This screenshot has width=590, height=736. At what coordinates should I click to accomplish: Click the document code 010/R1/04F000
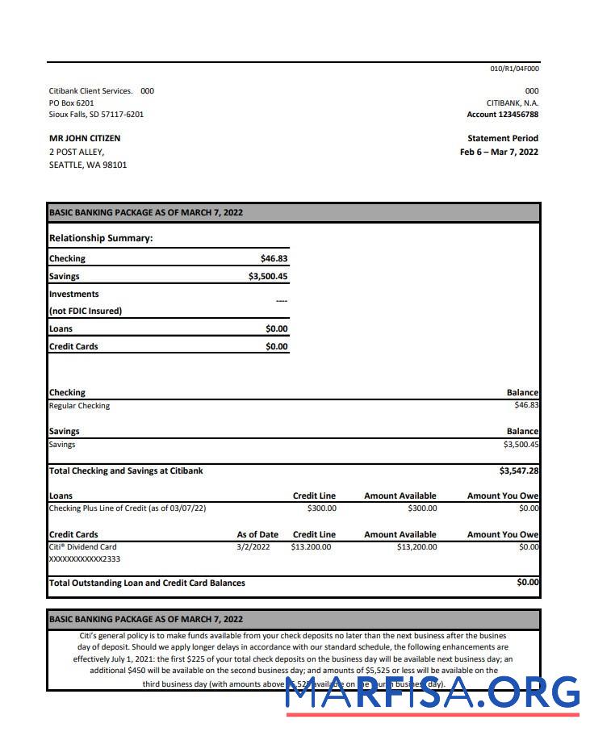[x=514, y=69]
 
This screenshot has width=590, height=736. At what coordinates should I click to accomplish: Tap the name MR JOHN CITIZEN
[x=85, y=138]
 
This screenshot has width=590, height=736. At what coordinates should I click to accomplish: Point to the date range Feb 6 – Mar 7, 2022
[x=499, y=152]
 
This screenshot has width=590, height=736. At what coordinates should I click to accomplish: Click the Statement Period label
[x=502, y=138]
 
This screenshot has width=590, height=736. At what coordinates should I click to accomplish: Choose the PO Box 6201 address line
[x=71, y=102]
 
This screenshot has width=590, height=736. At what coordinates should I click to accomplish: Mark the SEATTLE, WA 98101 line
[x=88, y=165]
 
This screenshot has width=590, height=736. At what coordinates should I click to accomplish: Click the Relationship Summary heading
[x=101, y=238]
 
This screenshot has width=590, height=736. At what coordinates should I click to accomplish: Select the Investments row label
[x=74, y=294]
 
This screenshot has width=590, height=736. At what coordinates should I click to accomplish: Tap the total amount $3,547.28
[x=519, y=470]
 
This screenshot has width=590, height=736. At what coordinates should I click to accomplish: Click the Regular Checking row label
[x=79, y=406]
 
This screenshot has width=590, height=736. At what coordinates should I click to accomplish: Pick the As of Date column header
[x=257, y=534]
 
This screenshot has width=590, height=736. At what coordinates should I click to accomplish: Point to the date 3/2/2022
[x=253, y=546]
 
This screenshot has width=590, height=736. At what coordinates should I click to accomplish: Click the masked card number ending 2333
[x=85, y=558]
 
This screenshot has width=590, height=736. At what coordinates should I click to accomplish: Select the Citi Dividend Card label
[x=82, y=546]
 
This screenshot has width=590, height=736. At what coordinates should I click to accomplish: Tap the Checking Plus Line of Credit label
[x=128, y=508]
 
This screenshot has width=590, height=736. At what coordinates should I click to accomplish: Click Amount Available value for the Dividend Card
[x=416, y=546]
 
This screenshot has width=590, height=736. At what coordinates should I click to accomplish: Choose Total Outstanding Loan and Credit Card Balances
[x=147, y=583]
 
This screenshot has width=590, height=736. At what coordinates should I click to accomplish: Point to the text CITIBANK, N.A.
[x=513, y=102]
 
